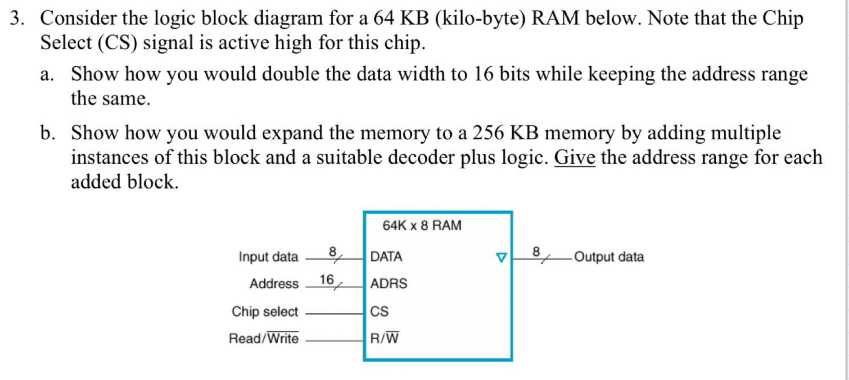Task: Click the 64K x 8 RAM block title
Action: (x=422, y=225)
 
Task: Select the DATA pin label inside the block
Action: (x=386, y=257)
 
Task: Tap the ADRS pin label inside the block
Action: (x=388, y=284)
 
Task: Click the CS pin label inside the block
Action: (x=379, y=311)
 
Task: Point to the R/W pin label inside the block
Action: (x=384, y=338)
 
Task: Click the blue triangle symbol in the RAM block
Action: (x=501, y=258)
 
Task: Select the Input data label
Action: (x=268, y=257)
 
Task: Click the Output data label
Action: (x=609, y=257)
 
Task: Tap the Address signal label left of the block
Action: (x=274, y=284)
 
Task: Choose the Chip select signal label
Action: (x=265, y=312)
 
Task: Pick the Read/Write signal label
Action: (x=263, y=338)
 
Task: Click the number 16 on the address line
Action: (x=326, y=280)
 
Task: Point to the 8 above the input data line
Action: (x=333, y=251)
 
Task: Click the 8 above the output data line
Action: (x=536, y=251)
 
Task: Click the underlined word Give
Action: (x=574, y=158)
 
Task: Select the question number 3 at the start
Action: (x=16, y=18)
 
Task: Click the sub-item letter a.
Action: (x=46, y=74)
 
